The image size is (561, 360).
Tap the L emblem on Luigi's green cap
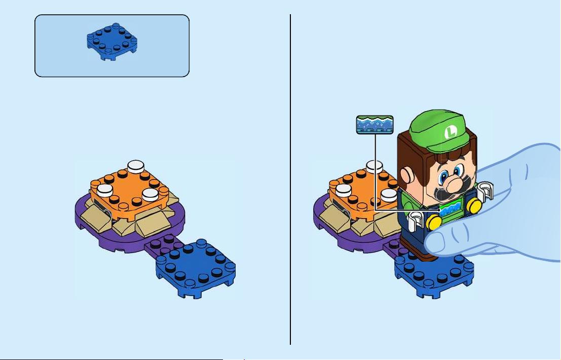[451, 132]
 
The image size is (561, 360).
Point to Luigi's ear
[406, 176]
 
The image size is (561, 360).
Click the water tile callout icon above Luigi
[375, 125]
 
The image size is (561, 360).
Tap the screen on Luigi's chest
[453, 209]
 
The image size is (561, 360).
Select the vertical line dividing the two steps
[290, 179]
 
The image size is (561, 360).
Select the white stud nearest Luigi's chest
[389, 195]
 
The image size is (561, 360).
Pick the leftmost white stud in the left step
[105, 190]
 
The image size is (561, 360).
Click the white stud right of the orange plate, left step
[151, 194]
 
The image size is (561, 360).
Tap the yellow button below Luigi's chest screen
[434, 223]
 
